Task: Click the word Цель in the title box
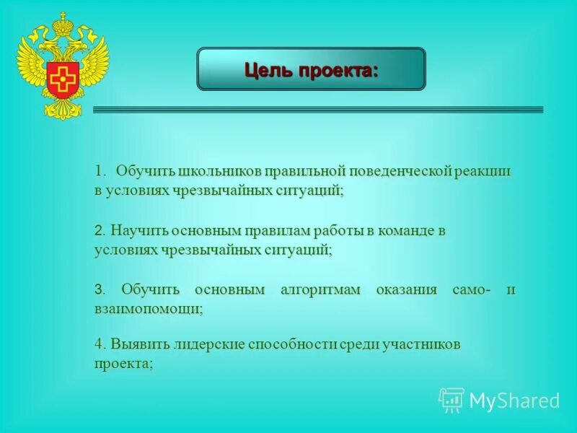tap(268, 70)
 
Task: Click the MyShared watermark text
tap(514, 401)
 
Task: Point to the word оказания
tap(407, 290)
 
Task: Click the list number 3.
tap(98, 290)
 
